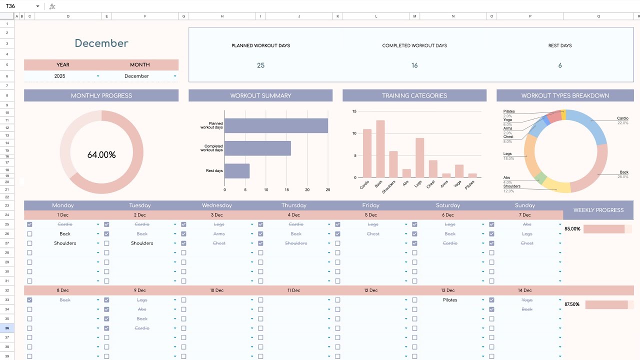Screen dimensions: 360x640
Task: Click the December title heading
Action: [101, 43]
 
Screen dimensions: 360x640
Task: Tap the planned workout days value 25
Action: [260, 65]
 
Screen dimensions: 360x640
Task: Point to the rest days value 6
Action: [559, 65]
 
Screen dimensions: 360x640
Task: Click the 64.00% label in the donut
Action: [101, 155]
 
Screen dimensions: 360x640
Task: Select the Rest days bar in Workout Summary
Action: [237, 171]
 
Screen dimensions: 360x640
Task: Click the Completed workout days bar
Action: [257, 148]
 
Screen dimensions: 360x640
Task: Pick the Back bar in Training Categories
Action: [380, 149]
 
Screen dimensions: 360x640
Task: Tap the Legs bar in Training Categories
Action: [419, 157]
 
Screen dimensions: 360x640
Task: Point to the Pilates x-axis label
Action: [470, 185]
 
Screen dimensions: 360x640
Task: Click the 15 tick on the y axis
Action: [354, 111]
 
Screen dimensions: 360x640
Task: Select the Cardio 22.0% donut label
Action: [622, 120]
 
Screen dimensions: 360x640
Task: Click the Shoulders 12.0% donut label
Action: [511, 188]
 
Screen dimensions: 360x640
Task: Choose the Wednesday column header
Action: [217, 205]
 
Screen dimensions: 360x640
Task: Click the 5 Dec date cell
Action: [371, 215]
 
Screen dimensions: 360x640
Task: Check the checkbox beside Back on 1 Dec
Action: [29, 234]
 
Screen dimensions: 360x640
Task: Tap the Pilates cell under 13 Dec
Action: [450, 300]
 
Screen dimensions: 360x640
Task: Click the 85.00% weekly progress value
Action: [572, 229]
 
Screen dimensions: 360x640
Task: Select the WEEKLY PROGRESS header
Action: [598, 210]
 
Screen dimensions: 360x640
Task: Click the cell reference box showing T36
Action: [20, 6]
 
